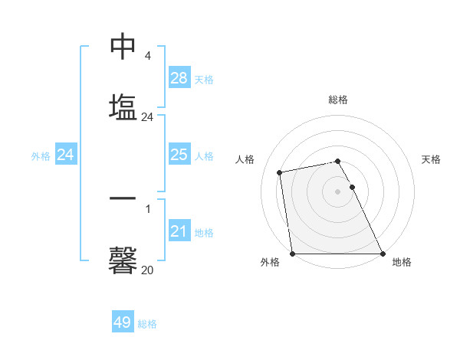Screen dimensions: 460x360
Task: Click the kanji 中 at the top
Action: [x=123, y=47]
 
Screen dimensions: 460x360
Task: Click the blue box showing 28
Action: [x=179, y=78]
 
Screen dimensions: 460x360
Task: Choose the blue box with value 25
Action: [x=179, y=155]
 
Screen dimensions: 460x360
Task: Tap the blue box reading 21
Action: [x=179, y=231]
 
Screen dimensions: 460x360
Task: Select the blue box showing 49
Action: [x=123, y=322]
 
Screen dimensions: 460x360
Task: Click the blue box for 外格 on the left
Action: [x=66, y=155]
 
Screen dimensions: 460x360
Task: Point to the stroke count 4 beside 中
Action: [x=147, y=56]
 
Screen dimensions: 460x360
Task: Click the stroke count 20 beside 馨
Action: [x=147, y=270]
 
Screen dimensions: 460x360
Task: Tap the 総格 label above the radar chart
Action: [x=338, y=100]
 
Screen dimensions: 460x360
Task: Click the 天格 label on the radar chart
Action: [x=431, y=159]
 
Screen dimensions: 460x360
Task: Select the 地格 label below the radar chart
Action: [x=402, y=262]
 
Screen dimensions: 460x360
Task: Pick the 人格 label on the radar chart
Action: [x=245, y=159]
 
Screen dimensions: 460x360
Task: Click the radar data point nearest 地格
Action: [x=383, y=254]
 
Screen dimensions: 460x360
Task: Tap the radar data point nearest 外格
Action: [x=293, y=254]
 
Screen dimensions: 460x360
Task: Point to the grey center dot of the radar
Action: [x=338, y=191]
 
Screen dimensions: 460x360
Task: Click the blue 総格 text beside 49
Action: [x=147, y=324]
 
